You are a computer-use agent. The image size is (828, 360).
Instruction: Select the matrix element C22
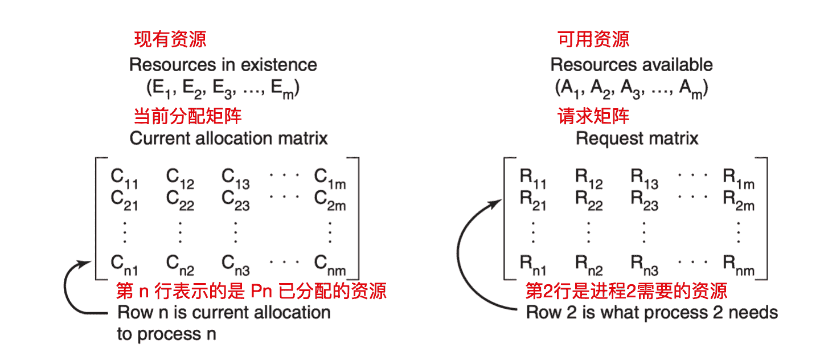coord(180,201)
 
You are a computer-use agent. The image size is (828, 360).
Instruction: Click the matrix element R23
coord(644,201)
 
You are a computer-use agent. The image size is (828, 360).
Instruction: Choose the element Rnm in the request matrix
coord(739,264)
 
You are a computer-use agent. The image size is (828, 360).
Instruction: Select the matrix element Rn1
coord(533,264)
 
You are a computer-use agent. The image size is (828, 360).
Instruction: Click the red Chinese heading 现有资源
coord(170,39)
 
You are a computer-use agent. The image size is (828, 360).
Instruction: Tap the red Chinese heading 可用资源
coord(593,39)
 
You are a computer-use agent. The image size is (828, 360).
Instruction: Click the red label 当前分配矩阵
coord(187,117)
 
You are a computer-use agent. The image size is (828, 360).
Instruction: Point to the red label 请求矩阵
coord(593,117)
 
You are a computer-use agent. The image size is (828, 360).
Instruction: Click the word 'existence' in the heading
coord(279,65)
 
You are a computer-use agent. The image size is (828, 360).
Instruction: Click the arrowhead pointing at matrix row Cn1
coord(86,263)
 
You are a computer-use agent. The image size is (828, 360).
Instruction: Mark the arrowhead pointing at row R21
coord(498,199)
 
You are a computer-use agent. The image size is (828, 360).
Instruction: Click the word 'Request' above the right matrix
coord(601,138)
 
